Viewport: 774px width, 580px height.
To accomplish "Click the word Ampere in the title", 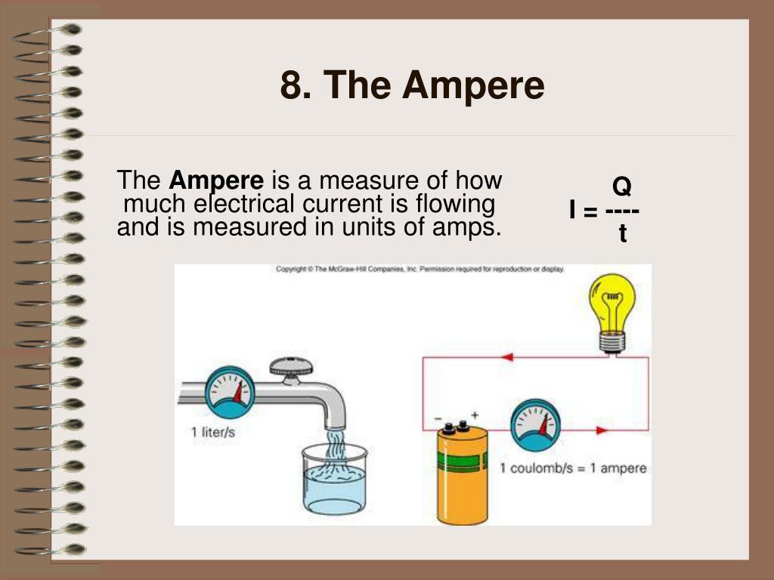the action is pyautogui.click(x=473, y=85).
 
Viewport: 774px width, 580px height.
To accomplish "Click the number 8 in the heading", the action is pyautogui.click(x=291, y=85).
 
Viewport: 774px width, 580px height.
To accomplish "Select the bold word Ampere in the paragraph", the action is pyautogui.click(x=216, y=180).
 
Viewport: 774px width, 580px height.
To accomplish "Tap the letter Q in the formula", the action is pyautogui.click(x=622, y=187).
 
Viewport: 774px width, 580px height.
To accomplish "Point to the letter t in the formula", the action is pyautogui.click(x=623, y=233).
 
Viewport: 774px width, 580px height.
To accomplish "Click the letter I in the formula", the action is pyautogui.click(x=573, y=211).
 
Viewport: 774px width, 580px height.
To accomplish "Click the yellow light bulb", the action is pyautogui.click(x=612, y=313).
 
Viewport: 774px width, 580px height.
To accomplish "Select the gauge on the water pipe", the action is pyautogui.click(x=230, y=392).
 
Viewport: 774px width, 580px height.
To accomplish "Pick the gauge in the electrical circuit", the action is pyautogui.click(x=536, y=424).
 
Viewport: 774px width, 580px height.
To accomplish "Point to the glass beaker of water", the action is pyautogui.click(x=335, y=480).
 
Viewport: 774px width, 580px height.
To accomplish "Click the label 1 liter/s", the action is pyautogui.click(x=213, y=433).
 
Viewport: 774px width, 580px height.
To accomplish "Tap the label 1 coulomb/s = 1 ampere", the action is pyautogui.click(x=573, y=468).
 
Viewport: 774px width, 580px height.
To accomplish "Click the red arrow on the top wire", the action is pyautogui.click(x=507, y=357).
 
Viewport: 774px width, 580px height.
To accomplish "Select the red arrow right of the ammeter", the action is pyautogui.click(x=602, y=430).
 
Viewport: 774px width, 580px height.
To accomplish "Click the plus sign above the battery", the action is pyautogui.click(x=475, y=415).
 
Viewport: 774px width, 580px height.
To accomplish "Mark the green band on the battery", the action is pyautogui.click(x=463, y=461).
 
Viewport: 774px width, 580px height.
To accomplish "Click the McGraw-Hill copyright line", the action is pyautogui.click(x=420, y=270).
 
